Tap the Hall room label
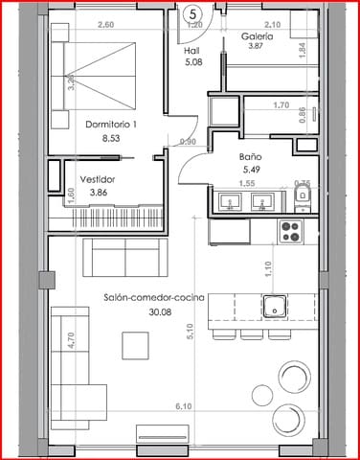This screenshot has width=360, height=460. pos(191,52)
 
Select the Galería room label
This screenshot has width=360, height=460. pos(257,35)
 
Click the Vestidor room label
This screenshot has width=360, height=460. pos(99,178)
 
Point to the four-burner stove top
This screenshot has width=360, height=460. pos(289,230)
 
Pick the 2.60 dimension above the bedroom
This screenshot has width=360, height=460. pos(79,24)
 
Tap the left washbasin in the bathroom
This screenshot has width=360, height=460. pos(230,202)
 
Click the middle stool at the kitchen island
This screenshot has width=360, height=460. pos(252,335)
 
